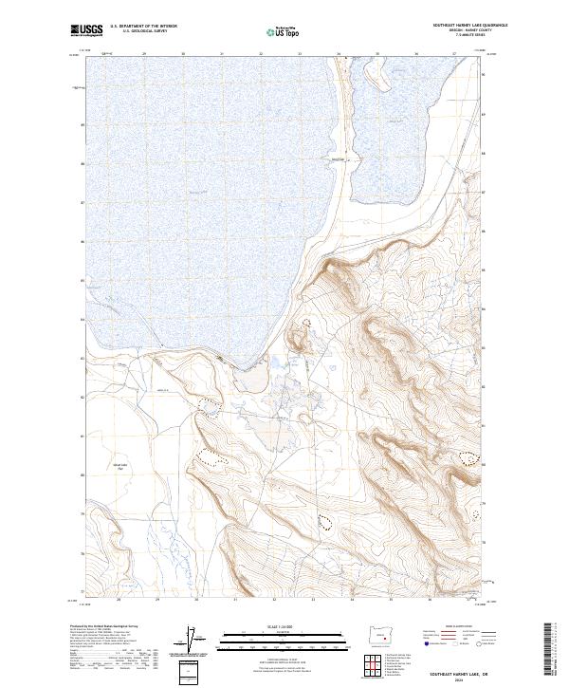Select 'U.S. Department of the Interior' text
point(143,27)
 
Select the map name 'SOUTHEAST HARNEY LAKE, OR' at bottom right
point(458,673)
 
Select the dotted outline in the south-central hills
point(325,520)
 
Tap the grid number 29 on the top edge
point(143,55)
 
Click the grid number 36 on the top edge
point(415,55)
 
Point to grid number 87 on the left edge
point(83,202)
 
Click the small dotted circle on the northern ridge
point(305,324)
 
